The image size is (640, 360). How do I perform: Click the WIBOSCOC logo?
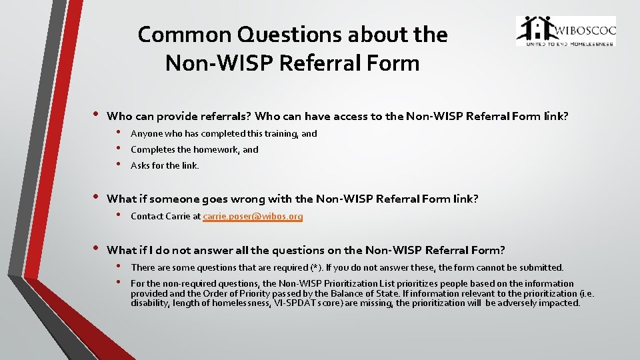click(566, 31)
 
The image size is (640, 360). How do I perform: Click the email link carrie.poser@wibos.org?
click(253, 216)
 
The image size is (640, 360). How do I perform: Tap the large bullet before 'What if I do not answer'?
click(95, 249)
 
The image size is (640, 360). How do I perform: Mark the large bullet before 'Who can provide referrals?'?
click(95, 115)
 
